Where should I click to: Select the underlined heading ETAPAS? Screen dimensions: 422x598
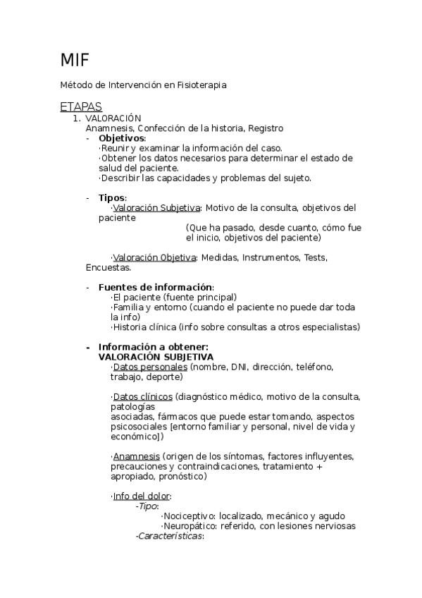click(x=82, y=107)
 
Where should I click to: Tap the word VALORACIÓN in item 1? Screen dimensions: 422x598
click(x=118, y=118)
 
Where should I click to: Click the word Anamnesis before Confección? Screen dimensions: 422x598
click(x=109, y=128)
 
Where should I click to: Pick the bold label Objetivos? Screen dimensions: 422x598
click(x=121, y=138)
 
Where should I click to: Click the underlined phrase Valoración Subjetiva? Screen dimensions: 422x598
click(x=156, y=208)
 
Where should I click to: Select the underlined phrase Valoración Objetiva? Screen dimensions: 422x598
click(x=154, y=257)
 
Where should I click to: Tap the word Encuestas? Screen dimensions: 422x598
click(x=108, y=267)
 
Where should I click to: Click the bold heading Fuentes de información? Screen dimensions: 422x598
click(x=155, y=287)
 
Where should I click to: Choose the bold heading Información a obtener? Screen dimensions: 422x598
click(x=153, y=347)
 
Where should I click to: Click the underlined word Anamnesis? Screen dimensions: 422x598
click(x=136, y=456)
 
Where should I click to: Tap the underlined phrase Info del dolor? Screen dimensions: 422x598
click(x=141, y=496)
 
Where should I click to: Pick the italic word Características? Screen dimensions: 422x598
click(x=169, y=537)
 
